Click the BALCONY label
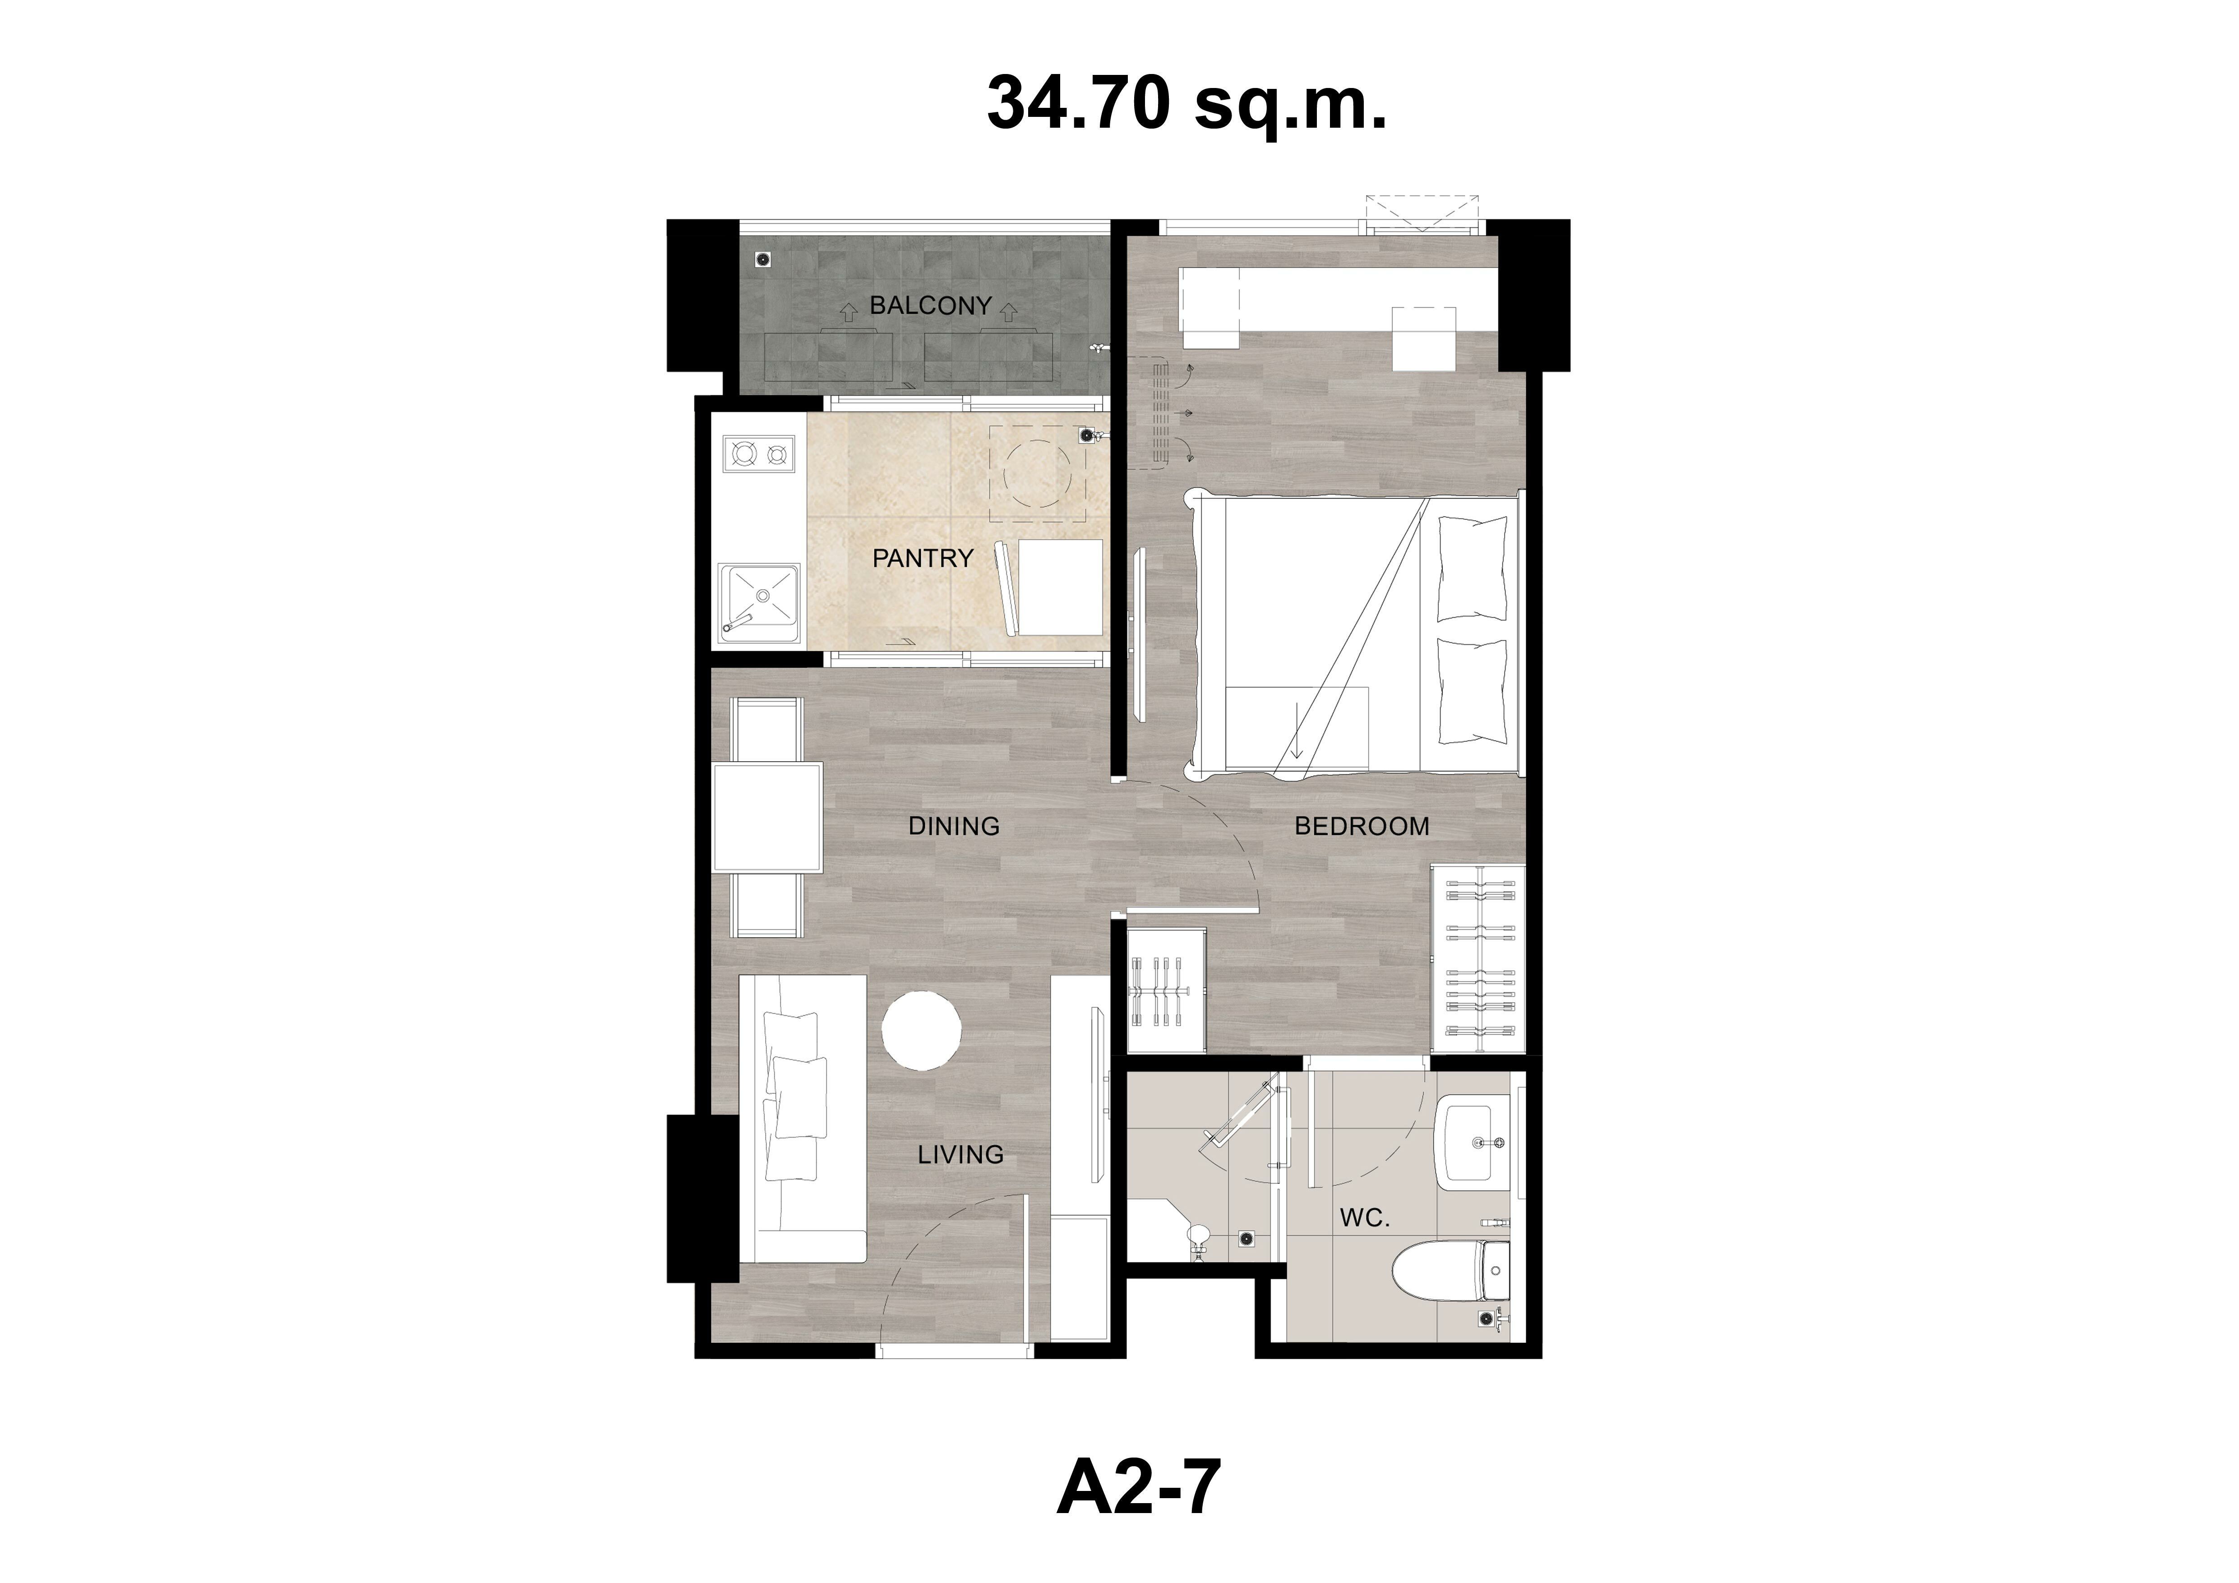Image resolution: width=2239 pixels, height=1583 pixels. click(930, 305)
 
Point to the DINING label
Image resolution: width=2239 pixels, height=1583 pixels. click(954, 826)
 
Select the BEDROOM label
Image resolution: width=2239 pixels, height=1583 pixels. click(1362, 826)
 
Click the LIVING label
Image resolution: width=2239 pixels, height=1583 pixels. click(960, 1155)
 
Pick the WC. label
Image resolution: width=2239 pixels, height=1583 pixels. click(1364, 1218)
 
